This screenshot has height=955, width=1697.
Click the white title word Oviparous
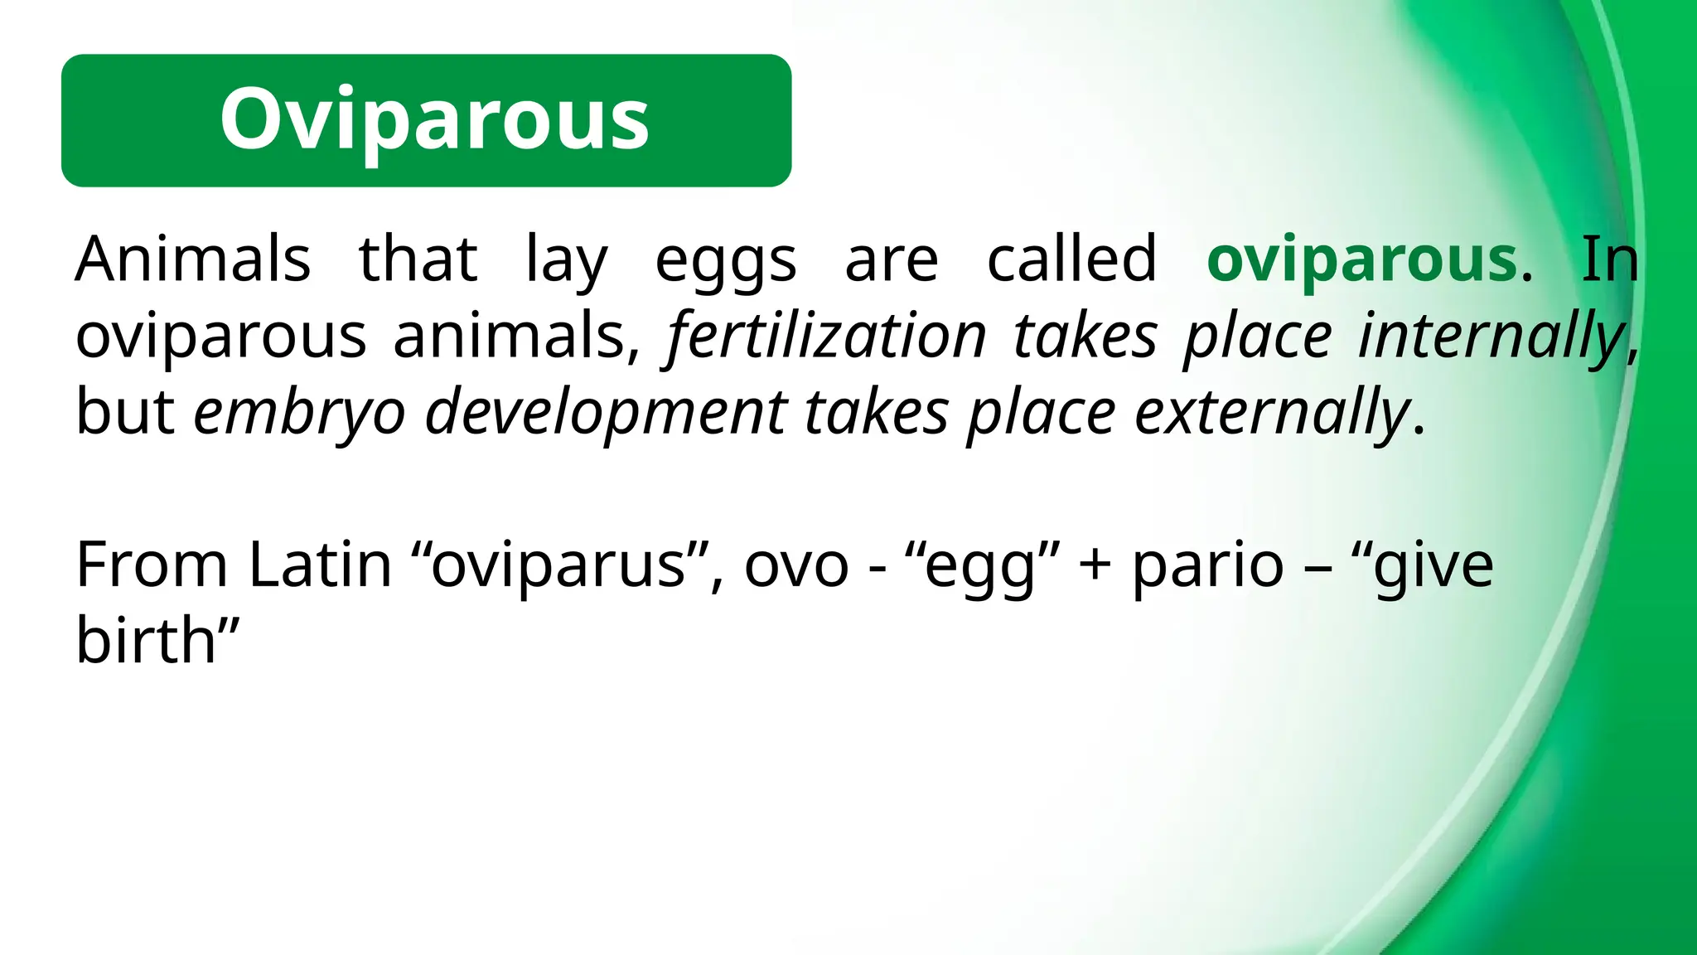(x=434, y=120)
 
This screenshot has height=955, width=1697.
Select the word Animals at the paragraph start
(x=192, y=259)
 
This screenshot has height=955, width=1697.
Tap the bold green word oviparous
(x=1362, y=259)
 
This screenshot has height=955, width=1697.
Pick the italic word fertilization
(x=826, y=336)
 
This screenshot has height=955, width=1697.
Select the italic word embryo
(x=299, y=413)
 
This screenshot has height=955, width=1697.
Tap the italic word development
(x=606, y=413)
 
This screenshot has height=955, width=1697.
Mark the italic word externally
(x=1272, y=413)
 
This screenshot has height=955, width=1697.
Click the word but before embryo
(x=124, y=411)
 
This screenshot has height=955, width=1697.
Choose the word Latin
(x=320, y=565)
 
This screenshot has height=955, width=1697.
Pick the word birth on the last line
(x=146, y=641)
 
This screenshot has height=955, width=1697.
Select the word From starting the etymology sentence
(x=152, y=565)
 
